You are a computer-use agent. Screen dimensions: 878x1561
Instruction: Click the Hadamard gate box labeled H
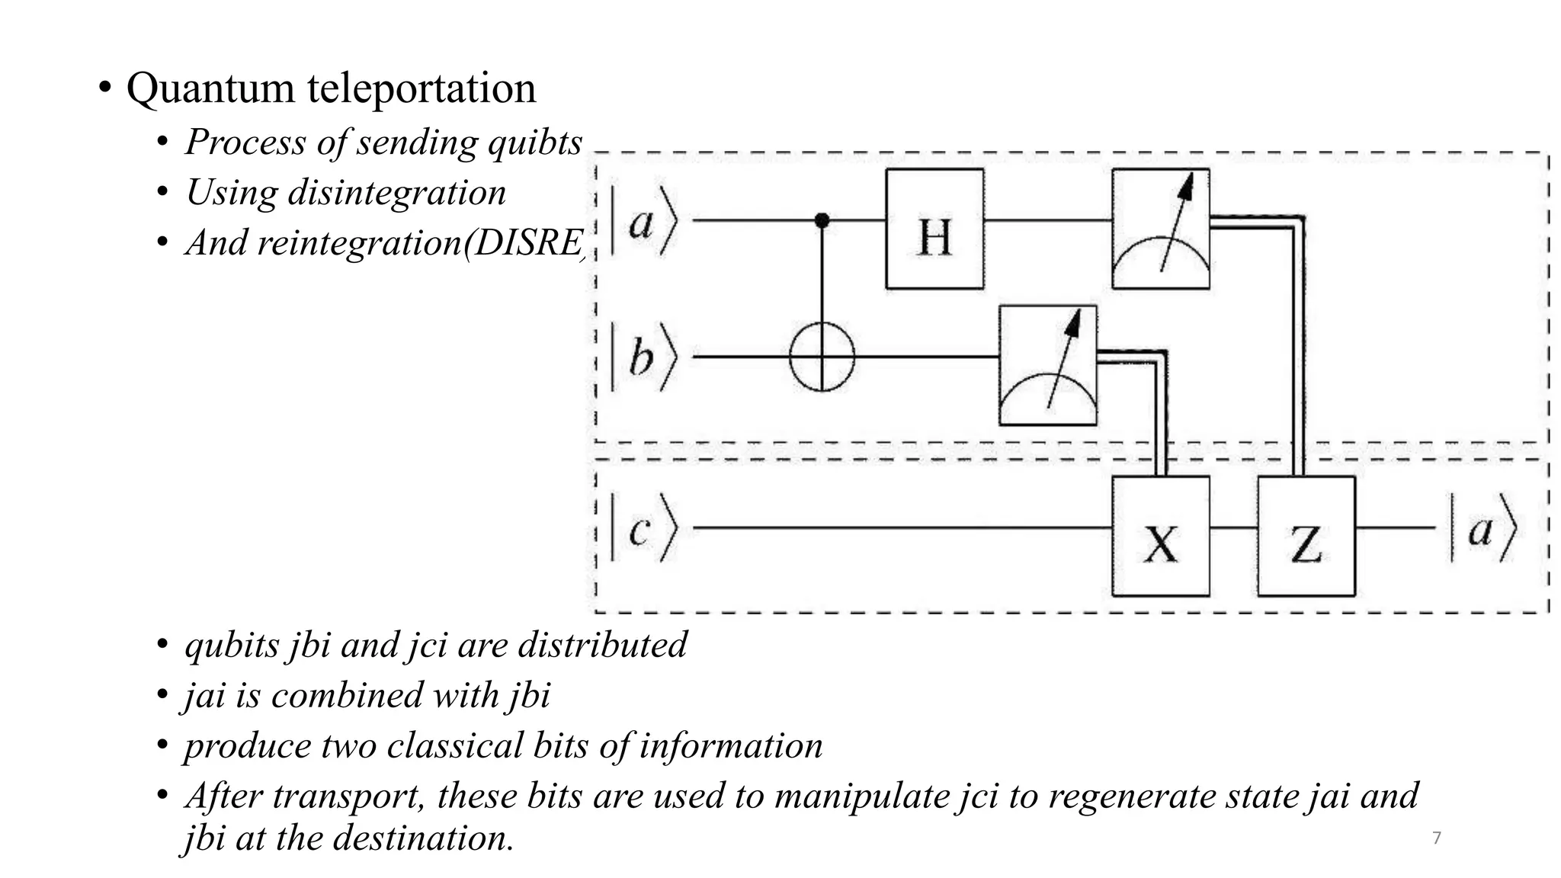934,229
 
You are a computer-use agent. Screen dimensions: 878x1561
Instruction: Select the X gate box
1160,536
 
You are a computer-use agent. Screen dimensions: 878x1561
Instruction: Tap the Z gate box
1306,536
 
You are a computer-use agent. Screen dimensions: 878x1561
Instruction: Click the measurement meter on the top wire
1160,229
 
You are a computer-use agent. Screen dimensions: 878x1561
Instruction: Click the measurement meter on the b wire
1048,365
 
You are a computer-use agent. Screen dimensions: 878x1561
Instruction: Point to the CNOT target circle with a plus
822,357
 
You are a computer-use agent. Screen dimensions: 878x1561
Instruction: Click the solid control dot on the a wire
822,220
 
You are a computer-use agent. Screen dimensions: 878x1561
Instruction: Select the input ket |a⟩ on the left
643,221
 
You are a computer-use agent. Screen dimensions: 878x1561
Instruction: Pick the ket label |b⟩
643,357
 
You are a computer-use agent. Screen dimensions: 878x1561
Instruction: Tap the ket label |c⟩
643,527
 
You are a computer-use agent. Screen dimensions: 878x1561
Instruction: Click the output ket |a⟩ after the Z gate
1482,527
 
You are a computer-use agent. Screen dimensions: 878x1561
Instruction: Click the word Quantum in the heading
210,88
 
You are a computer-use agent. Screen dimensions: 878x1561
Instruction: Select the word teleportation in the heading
422,88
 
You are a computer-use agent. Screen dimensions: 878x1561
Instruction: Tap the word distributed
602,645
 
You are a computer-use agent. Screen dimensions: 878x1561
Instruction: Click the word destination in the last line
422,838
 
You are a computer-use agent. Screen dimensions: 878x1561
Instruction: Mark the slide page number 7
1437,838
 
